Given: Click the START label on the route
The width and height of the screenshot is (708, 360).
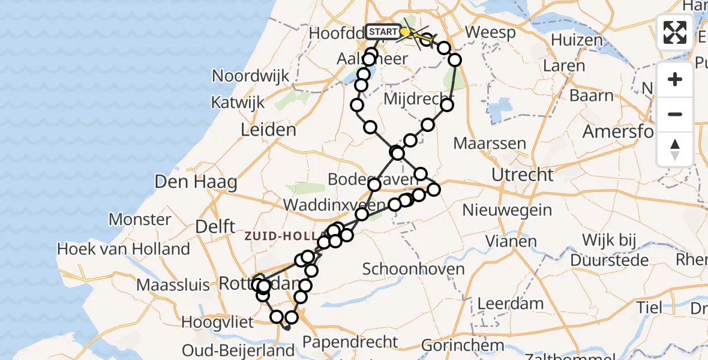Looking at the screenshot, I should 382,32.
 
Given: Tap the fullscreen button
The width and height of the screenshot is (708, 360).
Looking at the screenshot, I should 675,32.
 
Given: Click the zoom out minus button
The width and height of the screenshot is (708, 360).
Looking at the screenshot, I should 675,114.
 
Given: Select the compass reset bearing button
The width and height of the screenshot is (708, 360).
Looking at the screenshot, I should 675,149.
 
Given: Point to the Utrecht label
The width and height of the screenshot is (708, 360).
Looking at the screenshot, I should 522,175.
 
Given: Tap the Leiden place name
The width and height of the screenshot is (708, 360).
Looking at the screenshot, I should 268,130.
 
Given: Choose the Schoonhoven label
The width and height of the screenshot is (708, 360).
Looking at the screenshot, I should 413,268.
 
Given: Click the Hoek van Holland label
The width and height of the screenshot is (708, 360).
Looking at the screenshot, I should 123,248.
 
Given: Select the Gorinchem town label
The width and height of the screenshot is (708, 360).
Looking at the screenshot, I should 461,346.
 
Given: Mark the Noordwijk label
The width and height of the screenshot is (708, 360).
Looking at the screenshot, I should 251,76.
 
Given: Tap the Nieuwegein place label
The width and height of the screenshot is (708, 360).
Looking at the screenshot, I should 507,210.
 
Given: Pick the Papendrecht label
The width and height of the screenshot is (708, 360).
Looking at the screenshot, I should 350,342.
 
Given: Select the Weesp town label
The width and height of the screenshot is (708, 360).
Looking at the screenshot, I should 490,32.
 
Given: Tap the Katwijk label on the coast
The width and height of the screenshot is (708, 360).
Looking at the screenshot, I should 238,103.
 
